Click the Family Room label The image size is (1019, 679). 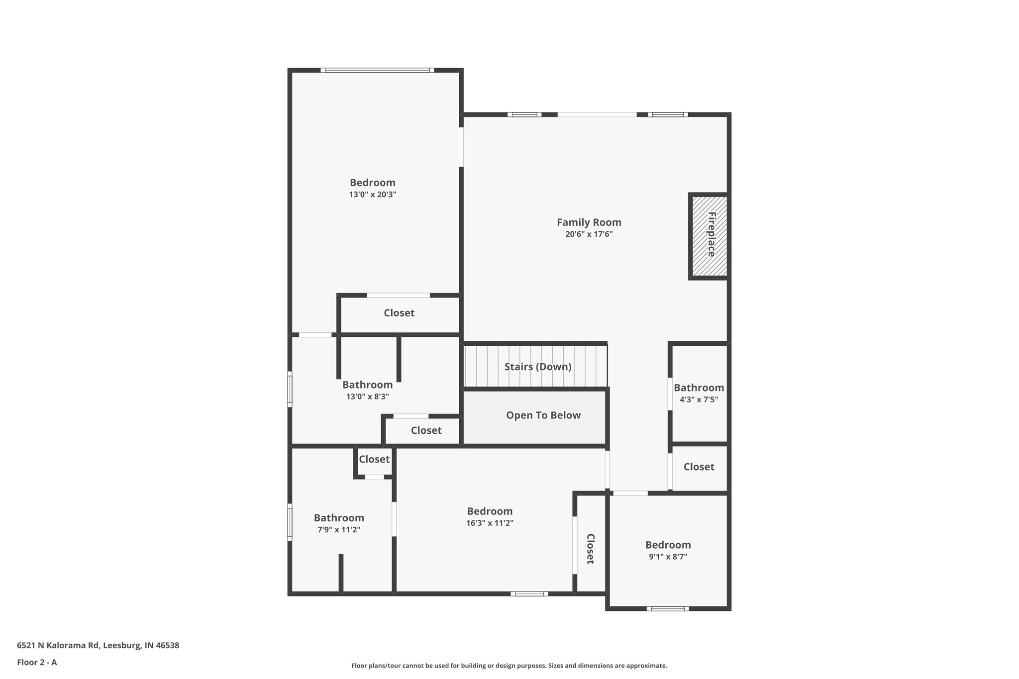tap(589, 222)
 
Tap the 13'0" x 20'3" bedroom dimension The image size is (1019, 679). tap(372, 194)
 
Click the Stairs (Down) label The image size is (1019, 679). tap(537, 367)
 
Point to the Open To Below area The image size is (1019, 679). tap(543, 415)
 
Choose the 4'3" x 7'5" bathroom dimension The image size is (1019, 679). tap(699, 399)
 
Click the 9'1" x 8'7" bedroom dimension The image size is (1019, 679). tap(668, 557)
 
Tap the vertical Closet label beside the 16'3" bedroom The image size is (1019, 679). tap(590, 549)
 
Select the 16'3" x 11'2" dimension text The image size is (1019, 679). tap(490, 523)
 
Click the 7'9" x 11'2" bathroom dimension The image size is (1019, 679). tap(339, 530)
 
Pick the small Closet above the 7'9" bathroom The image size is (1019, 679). tap(374, 460)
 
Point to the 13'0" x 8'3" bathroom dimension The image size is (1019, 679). tap(367, 397)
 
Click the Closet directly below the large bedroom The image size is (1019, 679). tap(399, 313)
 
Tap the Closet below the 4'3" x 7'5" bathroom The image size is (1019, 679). tap(699, 467)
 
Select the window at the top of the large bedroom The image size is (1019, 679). tap(377, 71)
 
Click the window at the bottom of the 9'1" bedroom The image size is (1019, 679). tap(668, 608)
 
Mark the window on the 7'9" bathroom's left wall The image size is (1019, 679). tap(290, 522)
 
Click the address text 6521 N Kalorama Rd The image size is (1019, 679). tap(98, 645)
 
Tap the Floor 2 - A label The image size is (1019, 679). tap(37, 662)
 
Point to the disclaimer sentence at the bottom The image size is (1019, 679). tap(509, 666)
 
